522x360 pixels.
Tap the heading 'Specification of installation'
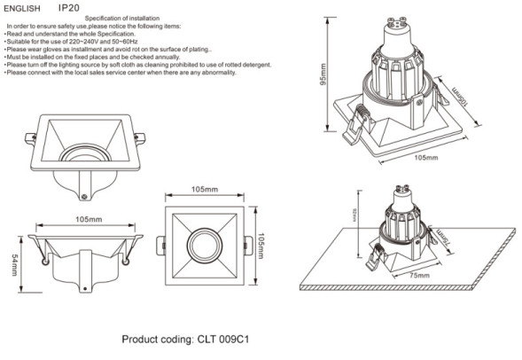129,19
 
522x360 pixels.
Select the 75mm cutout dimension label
406,276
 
